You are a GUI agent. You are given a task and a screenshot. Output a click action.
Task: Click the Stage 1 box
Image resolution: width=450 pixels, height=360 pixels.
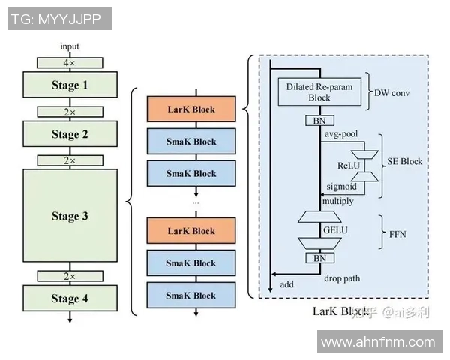click(x=70, y=85)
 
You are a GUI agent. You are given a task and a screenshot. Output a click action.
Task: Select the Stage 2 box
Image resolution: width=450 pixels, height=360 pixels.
click(x=70, y=135)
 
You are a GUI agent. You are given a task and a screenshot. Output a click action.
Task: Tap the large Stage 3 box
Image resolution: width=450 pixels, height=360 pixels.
click(x=70, y=217)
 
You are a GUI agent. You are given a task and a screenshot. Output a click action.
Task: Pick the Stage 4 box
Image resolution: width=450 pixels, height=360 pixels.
click(x=70, y=298)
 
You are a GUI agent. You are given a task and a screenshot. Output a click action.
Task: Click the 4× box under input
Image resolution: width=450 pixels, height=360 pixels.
click(x=70, y=63)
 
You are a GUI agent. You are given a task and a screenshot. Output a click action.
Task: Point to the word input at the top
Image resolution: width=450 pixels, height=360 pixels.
click(x=70, y=46)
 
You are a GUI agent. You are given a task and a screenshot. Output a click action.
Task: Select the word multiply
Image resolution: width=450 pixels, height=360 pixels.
click(x=338, y=201)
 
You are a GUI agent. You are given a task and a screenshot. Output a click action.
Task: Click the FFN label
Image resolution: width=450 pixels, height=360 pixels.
click(x=397, y=233)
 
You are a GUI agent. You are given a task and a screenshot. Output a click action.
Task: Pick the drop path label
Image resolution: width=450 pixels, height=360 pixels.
click(x=342, y=278)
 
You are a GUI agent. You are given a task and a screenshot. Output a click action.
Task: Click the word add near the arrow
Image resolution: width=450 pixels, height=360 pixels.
click(x=286, y=284)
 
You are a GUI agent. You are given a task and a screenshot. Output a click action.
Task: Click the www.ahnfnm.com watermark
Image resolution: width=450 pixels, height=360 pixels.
click(x=378, y=343)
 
